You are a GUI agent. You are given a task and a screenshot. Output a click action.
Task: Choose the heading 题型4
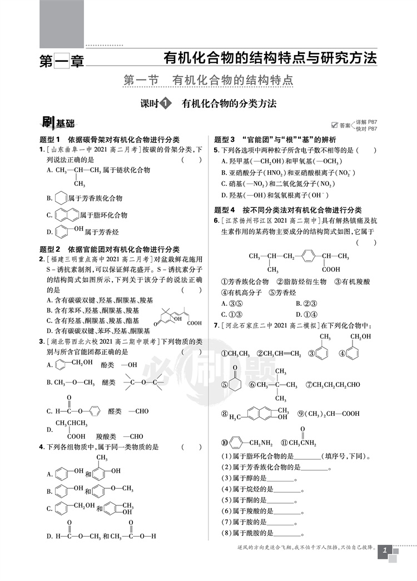click(x=225, y=210)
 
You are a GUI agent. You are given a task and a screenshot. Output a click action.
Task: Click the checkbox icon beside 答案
click(x=335, y=125)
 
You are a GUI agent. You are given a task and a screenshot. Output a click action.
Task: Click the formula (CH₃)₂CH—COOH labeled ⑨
click(x=332, y=414)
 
